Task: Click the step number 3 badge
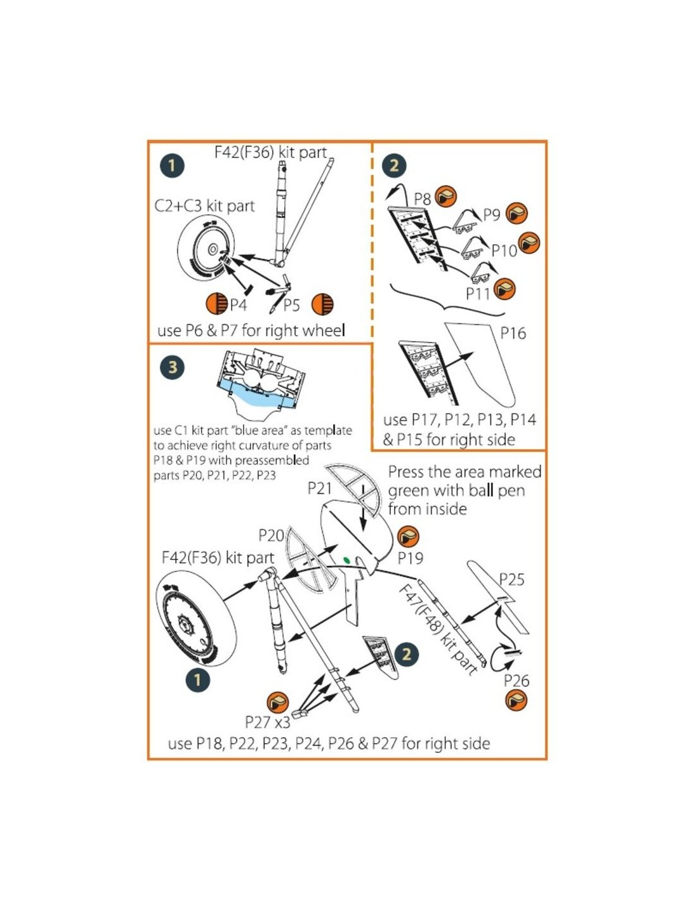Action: [x=173, y=367]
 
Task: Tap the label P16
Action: [x=513, y=332]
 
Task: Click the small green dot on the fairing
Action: [x=346, y=560]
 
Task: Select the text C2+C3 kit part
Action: [x=204, y=206]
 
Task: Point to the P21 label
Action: [x=320, y=488]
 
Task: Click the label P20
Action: [x=271, y=535]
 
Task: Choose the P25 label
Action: [x=511, y=580]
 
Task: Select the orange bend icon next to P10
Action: [x=529, y=243]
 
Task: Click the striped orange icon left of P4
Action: [x=218, y=304]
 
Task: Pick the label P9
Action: [x=491, y=215]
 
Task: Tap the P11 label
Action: [x=478, y=294]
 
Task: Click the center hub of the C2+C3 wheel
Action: [x=213, y=249]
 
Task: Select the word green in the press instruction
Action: [x=408, y=490]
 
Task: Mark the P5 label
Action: [x=291, y=306]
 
